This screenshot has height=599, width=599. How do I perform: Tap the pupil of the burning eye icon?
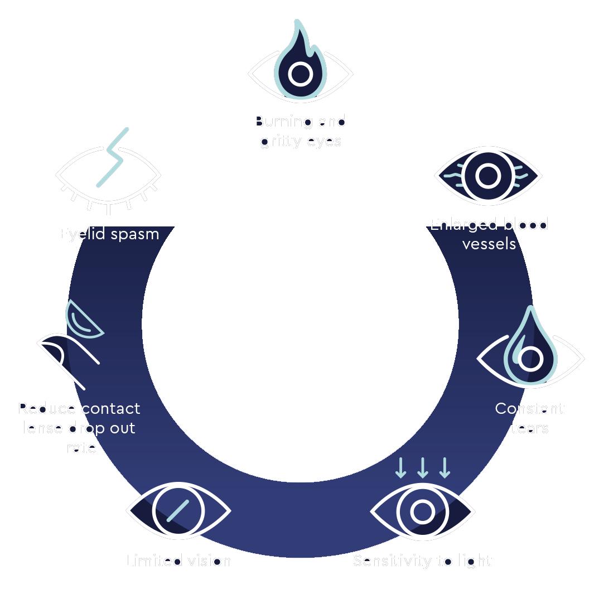point(301,74)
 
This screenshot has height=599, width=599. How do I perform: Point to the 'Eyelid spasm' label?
point(109,233)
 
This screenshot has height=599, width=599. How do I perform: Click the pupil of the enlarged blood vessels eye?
point(489,176)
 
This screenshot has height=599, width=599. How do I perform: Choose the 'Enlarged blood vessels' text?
point(489,234)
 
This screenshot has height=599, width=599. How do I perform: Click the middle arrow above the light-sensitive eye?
point(423,468)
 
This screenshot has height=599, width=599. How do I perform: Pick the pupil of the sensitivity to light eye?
point(423,511)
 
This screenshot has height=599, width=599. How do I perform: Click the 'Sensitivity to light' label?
point(423,560)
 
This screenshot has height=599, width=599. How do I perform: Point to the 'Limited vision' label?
point(178,560)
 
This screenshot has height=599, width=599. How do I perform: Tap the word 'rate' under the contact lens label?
point(81,447)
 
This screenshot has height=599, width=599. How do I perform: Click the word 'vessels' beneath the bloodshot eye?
point(489,244)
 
